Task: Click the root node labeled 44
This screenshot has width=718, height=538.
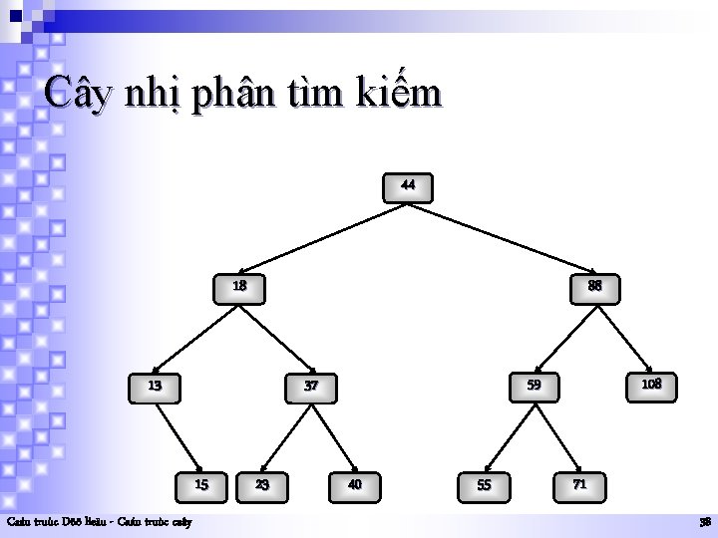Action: pyautogui.click(x=409, y=186)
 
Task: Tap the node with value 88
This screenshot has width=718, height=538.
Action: pyautogui.click(x=594, y=287)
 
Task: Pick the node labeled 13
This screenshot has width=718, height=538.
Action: pyautogui.click(x=157, y=385)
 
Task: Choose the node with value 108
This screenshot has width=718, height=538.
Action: pyautogui.click(x=650, y=384)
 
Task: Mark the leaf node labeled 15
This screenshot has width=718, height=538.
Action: pyautogui.click(x=201, y=485)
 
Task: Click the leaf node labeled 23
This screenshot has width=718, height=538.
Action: pyautogui.click(x=261, y=485)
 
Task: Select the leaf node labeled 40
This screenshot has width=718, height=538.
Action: pyautogui.click(x=354, y=485)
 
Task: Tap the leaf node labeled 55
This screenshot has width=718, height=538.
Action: pyautogui.click(x=485, y=485)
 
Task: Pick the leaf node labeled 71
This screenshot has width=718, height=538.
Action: pyautogui.click(x=578, y=484)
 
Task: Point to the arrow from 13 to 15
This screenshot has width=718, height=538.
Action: pyautogui.click(x=179, y=434)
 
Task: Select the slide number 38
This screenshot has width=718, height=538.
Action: pyautogui.click(x=704, y=522)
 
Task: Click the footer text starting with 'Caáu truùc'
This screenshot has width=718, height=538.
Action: pyautogui.click(x=100, y=522)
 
